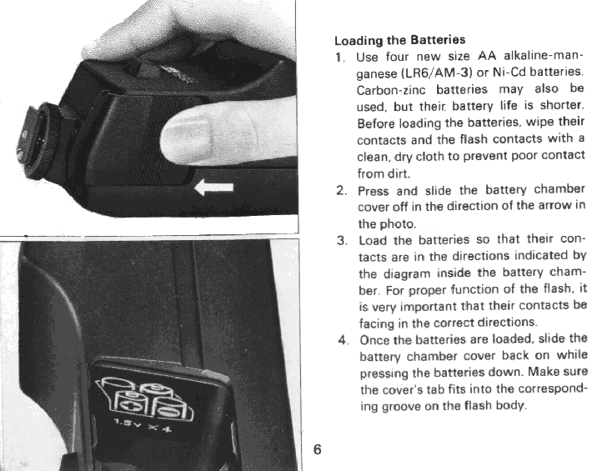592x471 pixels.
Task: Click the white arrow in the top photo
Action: [214, 188]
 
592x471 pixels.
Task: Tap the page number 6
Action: [317, 449]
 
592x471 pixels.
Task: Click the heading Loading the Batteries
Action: [400, 40]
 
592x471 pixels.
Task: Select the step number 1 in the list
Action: [339, 58]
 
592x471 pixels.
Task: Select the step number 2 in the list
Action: [341, 190]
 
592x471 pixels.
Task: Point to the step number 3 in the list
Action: [341, 240]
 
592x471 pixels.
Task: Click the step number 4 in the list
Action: [343, 340]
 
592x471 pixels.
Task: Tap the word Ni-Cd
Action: [509, 72]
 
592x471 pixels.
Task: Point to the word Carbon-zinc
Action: [391, 90]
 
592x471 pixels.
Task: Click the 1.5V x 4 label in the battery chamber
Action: [143, 424]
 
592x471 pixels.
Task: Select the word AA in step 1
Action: [487, 56]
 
